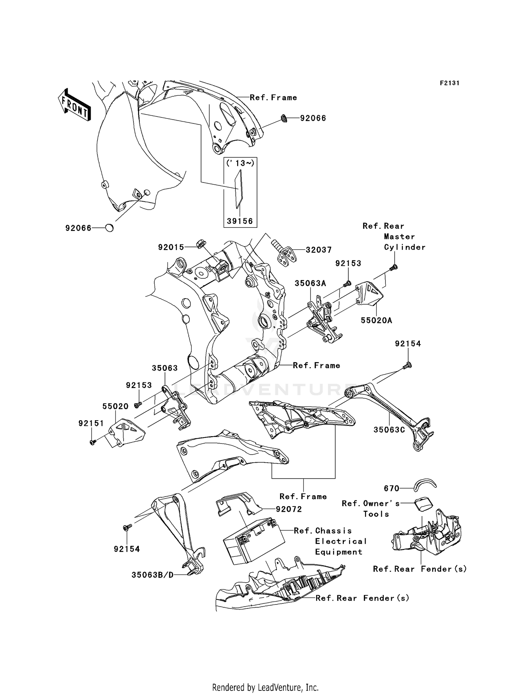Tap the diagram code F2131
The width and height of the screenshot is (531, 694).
tap(450, 83)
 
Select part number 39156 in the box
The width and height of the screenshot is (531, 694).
tap(240, 221)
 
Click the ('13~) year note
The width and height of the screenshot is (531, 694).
tap(240, 163)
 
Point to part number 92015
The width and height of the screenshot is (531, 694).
tap(171, 247)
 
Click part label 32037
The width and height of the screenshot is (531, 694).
tap(319, 250)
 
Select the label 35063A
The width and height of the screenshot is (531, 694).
tap(310, 283)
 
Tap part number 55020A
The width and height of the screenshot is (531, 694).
tap(376, 320)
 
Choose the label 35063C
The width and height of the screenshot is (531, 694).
tap(389, 430)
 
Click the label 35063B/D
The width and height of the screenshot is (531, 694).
tap(153, 575)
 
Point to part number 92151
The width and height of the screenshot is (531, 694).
tap(91, 423)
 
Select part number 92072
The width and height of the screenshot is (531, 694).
tap(289, 509)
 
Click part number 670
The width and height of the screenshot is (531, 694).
tap(392, 488)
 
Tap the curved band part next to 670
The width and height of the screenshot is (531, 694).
tap(426, 485)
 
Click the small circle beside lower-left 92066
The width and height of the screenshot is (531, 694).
tap(110, 228)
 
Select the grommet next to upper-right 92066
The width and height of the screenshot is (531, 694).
tap(284, 118)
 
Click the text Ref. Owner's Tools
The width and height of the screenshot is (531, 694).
tap(371, 508)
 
